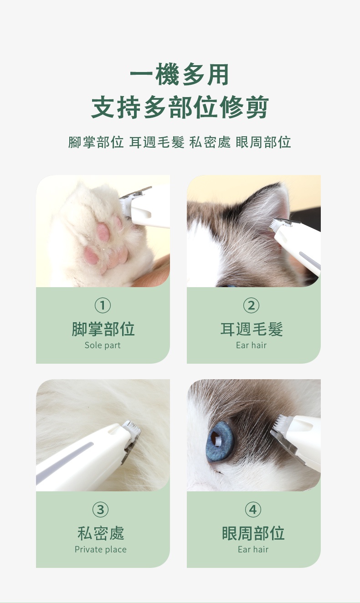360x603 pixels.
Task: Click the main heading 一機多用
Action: click(180, 75)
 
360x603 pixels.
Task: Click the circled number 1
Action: click(103, 305)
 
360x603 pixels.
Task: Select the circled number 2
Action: click(251, 305)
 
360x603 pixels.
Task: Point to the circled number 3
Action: click(101, 509)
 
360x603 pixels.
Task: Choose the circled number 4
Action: click(253, 509)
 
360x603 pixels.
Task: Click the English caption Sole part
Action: click(103, 345)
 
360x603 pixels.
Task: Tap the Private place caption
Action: click(101, 549)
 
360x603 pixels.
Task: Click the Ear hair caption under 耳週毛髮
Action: click(251, 345)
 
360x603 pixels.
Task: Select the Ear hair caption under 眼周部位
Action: click(253, 549)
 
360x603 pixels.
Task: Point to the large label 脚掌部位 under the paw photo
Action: click(103, 329)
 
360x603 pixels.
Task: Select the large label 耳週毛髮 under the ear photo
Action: click(251, 329)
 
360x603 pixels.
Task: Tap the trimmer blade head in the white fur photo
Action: click(132, 436)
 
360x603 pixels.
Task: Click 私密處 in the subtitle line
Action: click(210, 142)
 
